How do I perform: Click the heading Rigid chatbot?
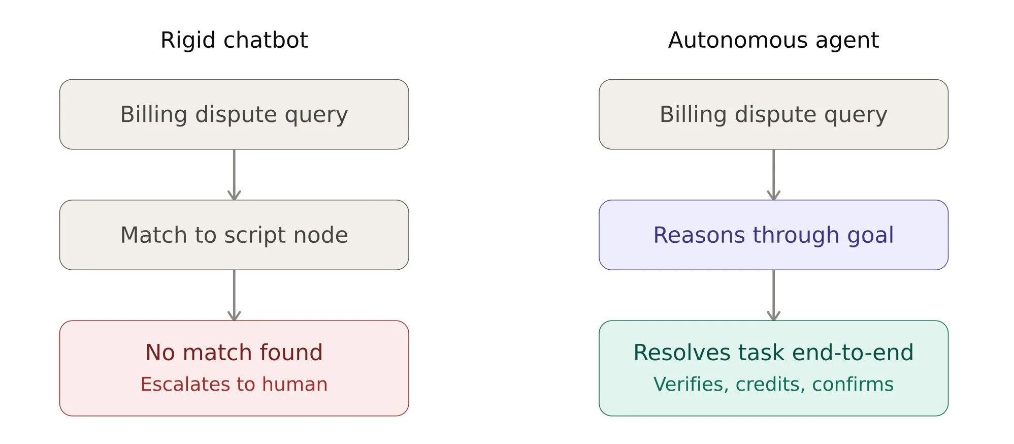click(234, 40)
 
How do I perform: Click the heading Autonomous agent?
click(773, 40)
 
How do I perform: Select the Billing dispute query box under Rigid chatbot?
click(234, 114)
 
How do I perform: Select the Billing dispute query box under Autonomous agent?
click(773, 114)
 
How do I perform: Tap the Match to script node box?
click(234, 235)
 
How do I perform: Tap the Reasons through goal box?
click(773, 235)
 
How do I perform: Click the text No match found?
click(234, 352)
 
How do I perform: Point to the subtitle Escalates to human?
click(234, 384)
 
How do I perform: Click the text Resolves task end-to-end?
click(773, 352)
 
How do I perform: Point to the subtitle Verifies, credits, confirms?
click(773, 385)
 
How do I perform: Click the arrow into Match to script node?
click(234, 174)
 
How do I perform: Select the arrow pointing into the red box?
click(234, 295)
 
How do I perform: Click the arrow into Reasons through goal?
click(773, 174)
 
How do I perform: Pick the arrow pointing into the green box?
click(773, 295)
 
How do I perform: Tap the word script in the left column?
click(255, 236)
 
